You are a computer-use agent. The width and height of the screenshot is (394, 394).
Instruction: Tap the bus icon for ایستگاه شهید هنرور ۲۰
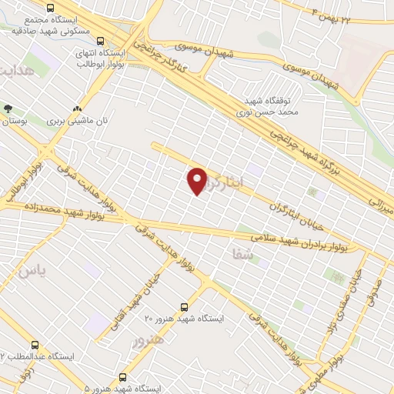[x=183, y=306]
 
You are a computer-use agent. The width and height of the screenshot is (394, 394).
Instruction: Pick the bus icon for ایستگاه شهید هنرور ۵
[x=122, y=377]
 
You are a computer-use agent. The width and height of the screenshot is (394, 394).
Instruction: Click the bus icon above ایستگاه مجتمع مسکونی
[x=51, y=8]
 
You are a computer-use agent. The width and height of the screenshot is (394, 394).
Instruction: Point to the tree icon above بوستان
[x=8, y=109]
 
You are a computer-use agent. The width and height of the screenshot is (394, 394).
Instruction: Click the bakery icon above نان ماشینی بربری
[x=77, y=109]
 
